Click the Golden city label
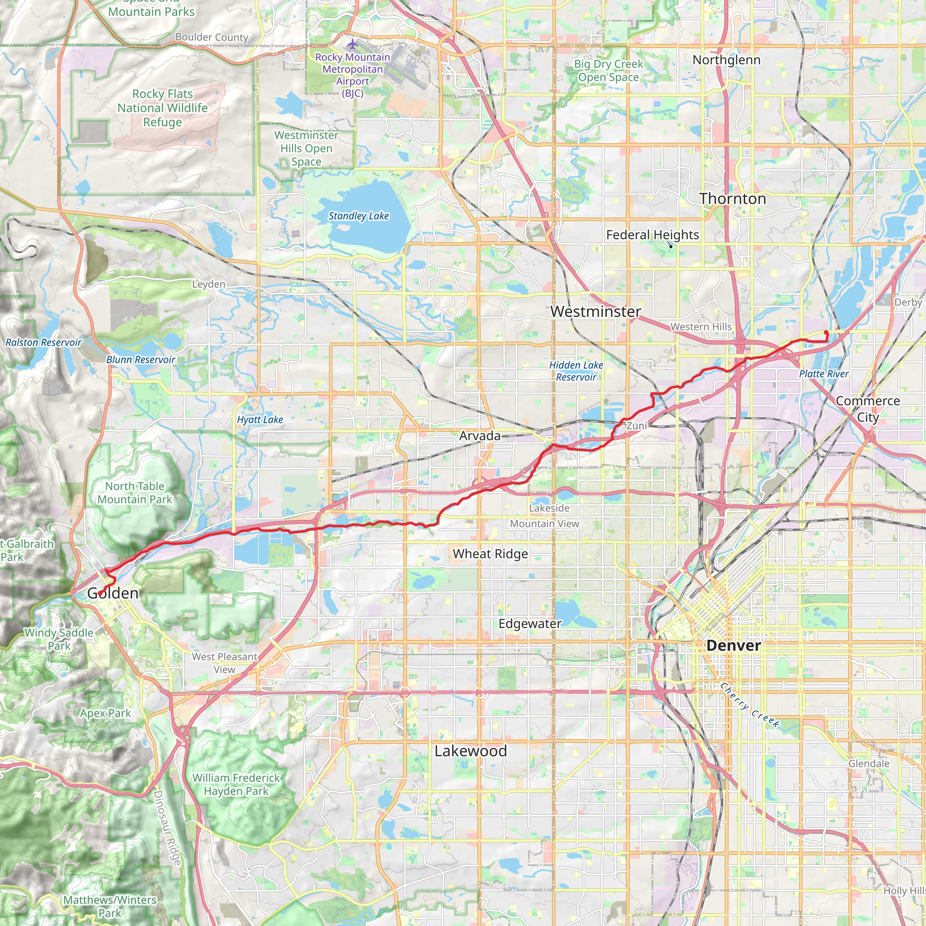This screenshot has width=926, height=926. pyautogui.click(x=113, y=593)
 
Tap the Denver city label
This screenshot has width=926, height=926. pyautogui.click(x=733, y=646)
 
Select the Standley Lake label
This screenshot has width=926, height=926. pyautogui.click(x=359, y=216)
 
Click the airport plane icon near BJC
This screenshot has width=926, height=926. pyautogui.click(x=353, y=45)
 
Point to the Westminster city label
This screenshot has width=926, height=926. pyautogui.click(x=596, y=312)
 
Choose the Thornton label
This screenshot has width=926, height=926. pyautogui.click(x=732, y=199)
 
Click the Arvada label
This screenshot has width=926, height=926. pyautogui.click(x=480, y=436)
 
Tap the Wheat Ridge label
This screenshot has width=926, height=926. pyautogui.click(x=490, y=554)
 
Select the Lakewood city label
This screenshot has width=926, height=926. pyautogui.click(x=471, y=751)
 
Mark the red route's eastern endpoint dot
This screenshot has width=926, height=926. pyautogui.click(x=826, y=333)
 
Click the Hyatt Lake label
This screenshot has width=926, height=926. pyautogui.click(x=260, y=420)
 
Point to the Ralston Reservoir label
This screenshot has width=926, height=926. pyautogui.click(x=43, y=342)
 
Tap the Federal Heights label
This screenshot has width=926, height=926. pyautogui.click(x=652, y=235)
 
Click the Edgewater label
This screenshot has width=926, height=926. pyautogui.click(x=530, y=624)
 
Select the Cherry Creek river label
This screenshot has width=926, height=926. pyautogui.click(x=750, y=705)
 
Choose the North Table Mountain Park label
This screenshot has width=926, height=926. pyautogui.click(x=135, y=493)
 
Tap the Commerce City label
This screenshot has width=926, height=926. pyautogui.click(x=868, y=409)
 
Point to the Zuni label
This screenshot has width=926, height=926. pyautogui.click(x=637, y=425)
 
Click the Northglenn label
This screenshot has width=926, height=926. pyautogui.click(x=726, y=60)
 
